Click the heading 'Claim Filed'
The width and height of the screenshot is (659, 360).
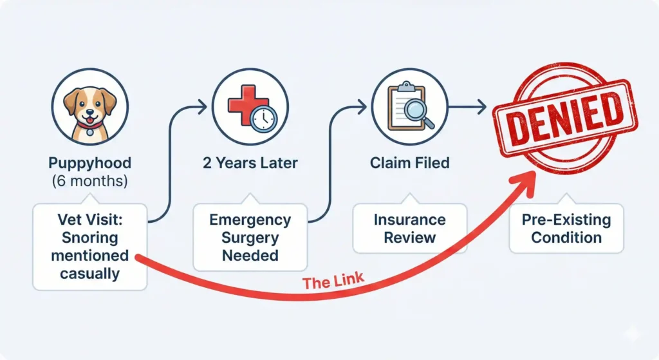[x=410, y=163]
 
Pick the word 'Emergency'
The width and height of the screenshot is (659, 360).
[x=250, y=220]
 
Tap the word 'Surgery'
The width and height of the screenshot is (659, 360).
[x=250, y=238]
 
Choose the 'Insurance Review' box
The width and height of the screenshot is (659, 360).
[x=410, y=228]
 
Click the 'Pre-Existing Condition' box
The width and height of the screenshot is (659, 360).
[x=566, y=228]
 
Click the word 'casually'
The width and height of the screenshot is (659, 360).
[x=90, y=273]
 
